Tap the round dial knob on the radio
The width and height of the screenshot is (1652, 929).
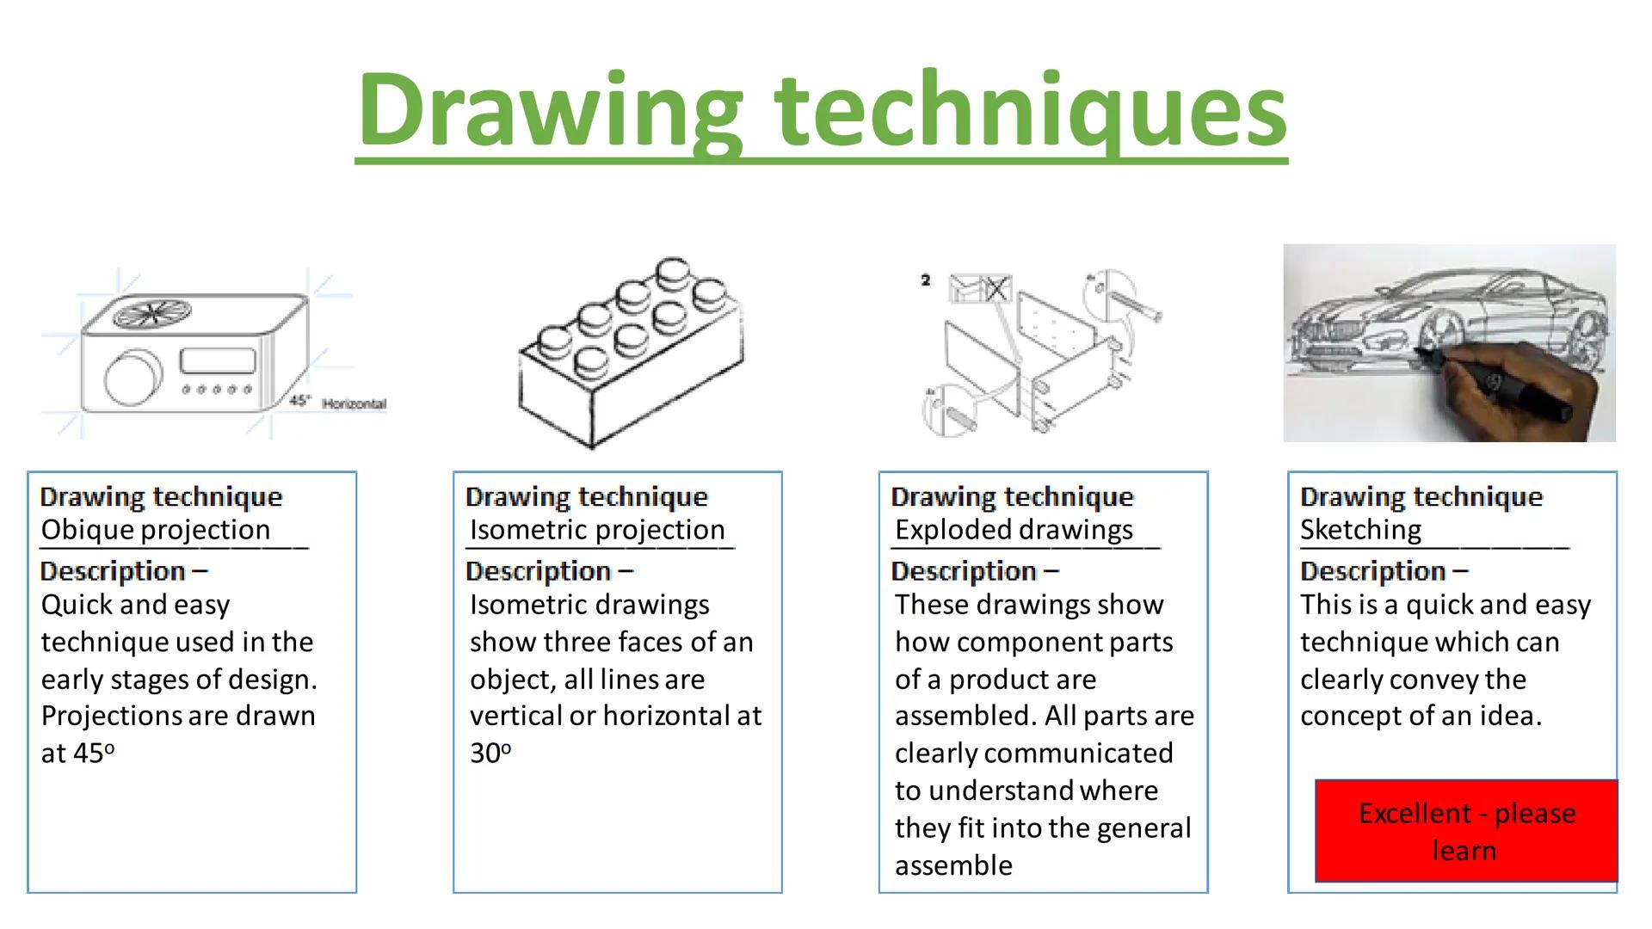click(x=133, y=378)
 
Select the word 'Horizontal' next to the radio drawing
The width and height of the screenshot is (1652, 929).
click(x=354, y=403)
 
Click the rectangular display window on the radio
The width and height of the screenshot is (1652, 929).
click(x=218, y=360)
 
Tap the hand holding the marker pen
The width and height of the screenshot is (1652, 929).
click(x=1514, y=387)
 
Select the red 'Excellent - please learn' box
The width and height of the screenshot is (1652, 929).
click(x=1466, y=831)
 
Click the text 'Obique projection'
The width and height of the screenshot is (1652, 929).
click(x=156, y=530)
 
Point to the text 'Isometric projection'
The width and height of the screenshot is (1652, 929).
click(x=597, y=530)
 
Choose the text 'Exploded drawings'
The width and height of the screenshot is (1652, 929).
click(x=1014, y=530)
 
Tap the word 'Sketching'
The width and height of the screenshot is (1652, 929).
click(x=1360, y=530)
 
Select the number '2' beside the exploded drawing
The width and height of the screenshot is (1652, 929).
click(x=925, y=280)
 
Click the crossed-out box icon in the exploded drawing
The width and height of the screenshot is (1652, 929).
click(x=996, y=289)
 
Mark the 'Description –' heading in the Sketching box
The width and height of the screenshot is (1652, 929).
click(x=1384, y=571)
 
